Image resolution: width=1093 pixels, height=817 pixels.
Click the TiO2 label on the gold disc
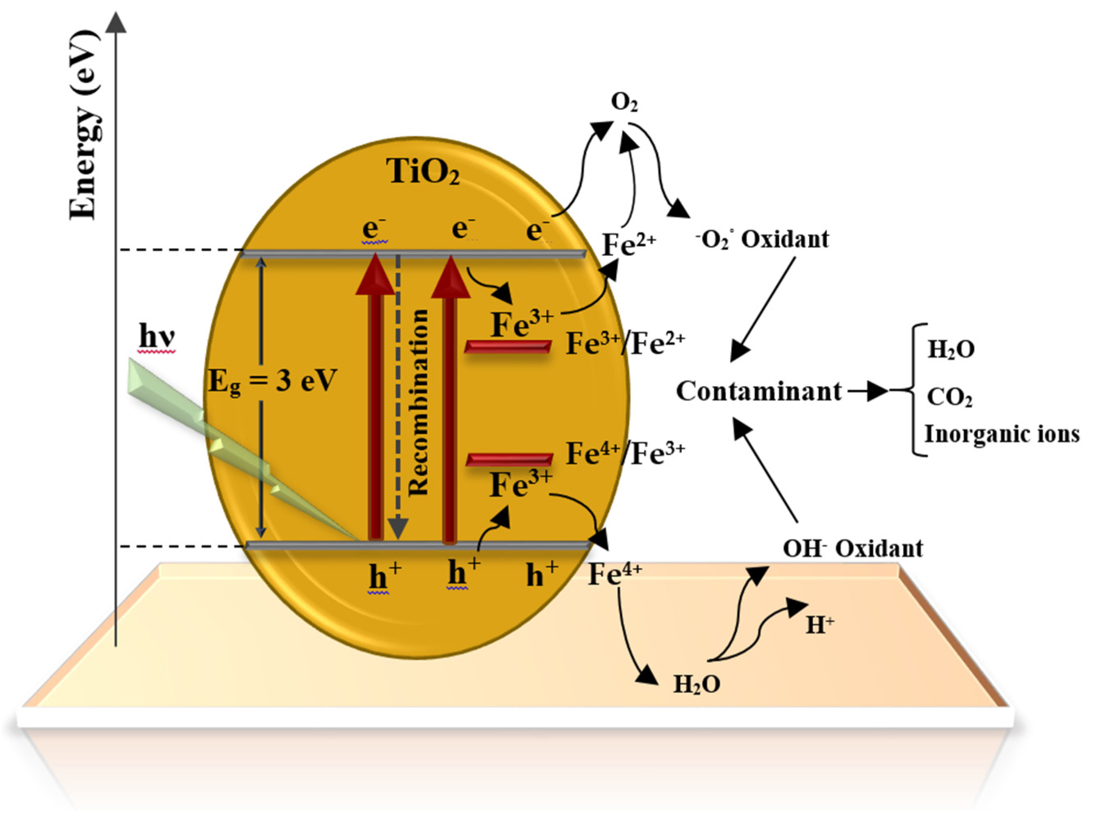coord(424,172)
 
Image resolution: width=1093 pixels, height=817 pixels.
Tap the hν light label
coord(157,336)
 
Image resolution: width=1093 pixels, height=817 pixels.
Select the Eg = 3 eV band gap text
coord(272,381)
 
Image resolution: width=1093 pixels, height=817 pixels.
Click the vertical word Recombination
coord(419,403)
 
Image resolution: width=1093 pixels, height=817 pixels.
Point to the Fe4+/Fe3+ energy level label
coord(625,454)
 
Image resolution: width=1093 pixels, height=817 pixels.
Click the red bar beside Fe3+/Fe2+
coord(508,347)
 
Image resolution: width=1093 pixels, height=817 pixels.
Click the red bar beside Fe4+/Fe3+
coord(509,460)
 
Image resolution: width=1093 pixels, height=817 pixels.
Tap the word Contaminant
coord(758,392)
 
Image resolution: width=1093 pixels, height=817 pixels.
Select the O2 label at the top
coord(624,103)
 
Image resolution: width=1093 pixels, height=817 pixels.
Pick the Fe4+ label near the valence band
coord(614,574)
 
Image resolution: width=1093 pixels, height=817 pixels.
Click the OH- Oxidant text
coord(853,548)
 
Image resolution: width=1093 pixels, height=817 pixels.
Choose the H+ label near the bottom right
coord(820,625)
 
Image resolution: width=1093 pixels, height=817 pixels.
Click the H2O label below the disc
coord(697,684)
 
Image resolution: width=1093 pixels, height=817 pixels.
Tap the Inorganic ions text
coord(1002,434)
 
